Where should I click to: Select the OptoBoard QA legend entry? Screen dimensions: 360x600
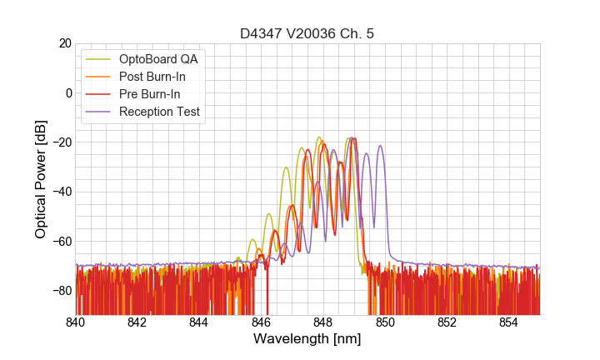pos(157,60)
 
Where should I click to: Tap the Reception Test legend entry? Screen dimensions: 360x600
pos(159,112)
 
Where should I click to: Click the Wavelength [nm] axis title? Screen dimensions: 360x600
pos(307,339)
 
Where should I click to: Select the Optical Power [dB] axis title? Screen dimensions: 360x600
pos(41,178)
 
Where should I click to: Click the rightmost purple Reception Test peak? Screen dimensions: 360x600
pos(380,146)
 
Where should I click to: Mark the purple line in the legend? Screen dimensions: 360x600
pos(98,112)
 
